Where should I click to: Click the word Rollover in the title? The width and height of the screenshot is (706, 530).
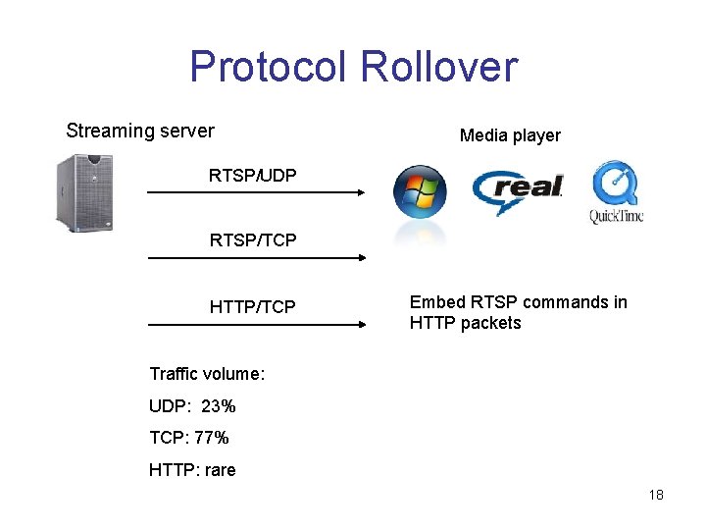coord(438,67)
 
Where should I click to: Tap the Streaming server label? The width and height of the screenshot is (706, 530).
coord(140,131)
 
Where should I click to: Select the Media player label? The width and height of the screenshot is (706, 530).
coord(510,135)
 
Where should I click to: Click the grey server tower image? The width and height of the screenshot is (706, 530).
coord(93,190)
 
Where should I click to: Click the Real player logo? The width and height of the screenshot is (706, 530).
coord(518,189)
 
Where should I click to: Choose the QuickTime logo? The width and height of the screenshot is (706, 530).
coord(616,192)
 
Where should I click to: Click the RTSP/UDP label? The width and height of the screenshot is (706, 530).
coord(253,176)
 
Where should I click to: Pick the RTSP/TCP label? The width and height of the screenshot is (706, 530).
coord(253,239)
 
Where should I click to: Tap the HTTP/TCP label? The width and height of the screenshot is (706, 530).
coord(252,307)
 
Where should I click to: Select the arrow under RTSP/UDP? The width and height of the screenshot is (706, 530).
coord(256,193)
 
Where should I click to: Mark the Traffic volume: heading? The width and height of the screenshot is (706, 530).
coord(207,374)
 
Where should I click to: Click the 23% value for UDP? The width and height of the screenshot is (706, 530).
coord(219,406)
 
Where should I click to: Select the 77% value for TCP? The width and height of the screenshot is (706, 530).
coord(212,438)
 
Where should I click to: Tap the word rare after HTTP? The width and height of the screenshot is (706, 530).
coord(220,470)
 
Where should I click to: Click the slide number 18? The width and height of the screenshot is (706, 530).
coord(656,495)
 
